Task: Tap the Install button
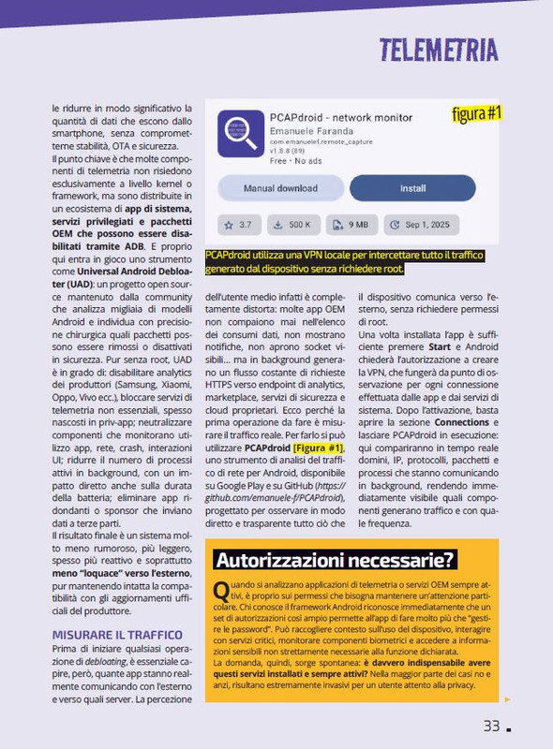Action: (412, 188)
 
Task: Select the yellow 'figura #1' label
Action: (477, 115)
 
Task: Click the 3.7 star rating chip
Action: (238, 225)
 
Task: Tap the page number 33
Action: (491, 726)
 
